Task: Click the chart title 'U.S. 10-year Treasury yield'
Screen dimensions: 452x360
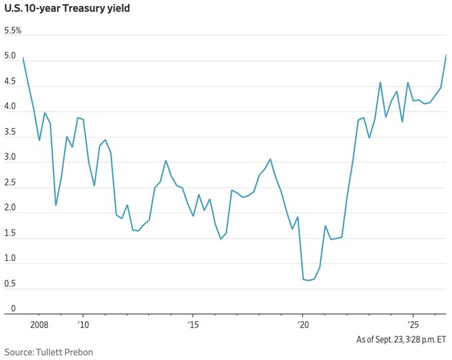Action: (x=67, y=9)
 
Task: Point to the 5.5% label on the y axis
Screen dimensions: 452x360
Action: (x=13, y=31)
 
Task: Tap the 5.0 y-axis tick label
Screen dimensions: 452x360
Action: (x=10, y=56)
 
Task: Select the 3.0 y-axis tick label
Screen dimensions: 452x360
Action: (x=10, y=157)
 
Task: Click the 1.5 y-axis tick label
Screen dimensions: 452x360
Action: (x=10, y=233)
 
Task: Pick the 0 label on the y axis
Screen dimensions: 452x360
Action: (x=13, y=308)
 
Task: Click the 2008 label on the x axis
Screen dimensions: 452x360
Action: (x=39, y=325)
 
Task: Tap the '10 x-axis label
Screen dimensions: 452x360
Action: (x=83, y=325)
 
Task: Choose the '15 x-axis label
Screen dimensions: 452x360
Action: (x=193, y=325)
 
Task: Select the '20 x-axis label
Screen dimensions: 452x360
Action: (x=302, y=325)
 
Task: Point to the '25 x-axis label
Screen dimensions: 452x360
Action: (x=413, y=325)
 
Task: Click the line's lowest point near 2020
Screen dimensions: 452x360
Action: (x=308, y=280)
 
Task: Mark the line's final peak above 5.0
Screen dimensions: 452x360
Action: (x=446, y=54)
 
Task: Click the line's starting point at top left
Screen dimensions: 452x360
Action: (x=23, y=58)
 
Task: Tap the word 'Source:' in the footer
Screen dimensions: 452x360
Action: (x=19, y=352)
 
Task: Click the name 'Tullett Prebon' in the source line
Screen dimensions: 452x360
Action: (x=64, y=352)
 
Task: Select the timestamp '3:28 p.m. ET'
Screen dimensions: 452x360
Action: (x=426, y=339)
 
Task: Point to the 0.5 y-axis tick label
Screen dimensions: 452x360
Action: (x=10, y=284)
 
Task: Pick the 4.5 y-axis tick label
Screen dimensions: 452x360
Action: (x=10, y=81)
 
